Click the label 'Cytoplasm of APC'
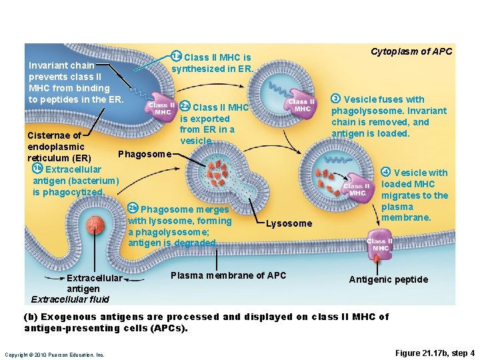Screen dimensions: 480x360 (x=411, y=51)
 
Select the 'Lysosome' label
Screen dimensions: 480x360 (x=289, y=223)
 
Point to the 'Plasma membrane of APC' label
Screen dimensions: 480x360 (x=229, y=275)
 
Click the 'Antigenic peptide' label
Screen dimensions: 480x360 (x=389, y=279)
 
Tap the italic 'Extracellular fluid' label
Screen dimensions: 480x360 (x=70, y=299)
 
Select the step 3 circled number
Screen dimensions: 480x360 (x=336, y=99)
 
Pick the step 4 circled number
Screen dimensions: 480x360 (x=385, y=173)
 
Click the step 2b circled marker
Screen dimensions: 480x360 (x=133, y=209)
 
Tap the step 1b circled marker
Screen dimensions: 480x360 (x=37, y=169)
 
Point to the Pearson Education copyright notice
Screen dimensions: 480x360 (x=55, y=355)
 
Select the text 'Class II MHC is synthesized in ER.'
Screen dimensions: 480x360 (x=212, y=63)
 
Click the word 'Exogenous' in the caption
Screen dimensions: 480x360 (x=73, y=317)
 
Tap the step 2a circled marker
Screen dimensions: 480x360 (x=186, y=107)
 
